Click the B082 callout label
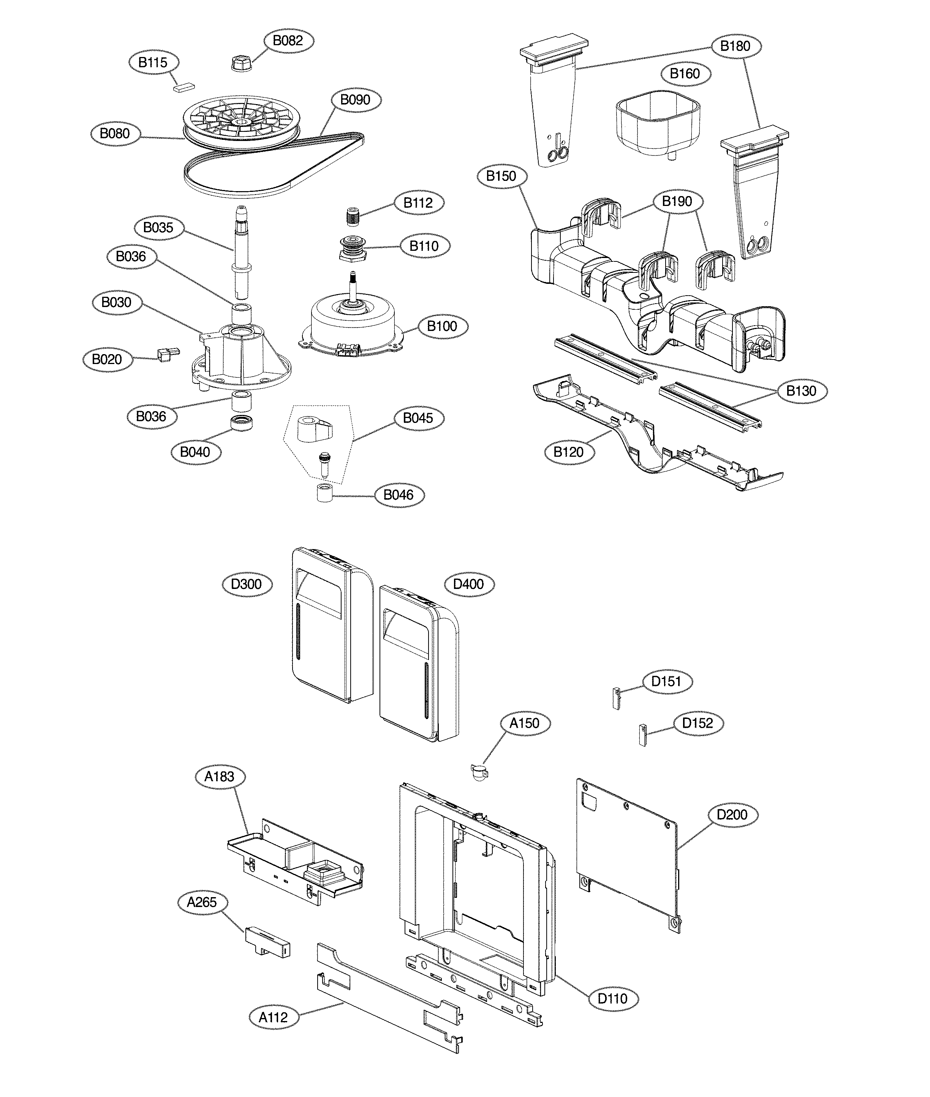coord(288,41)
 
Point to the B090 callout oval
coord(355,100)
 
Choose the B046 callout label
coord(399,495)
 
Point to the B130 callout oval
coord(801,391)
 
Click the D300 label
coord(247,584)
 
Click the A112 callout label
coord(273,1017)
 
